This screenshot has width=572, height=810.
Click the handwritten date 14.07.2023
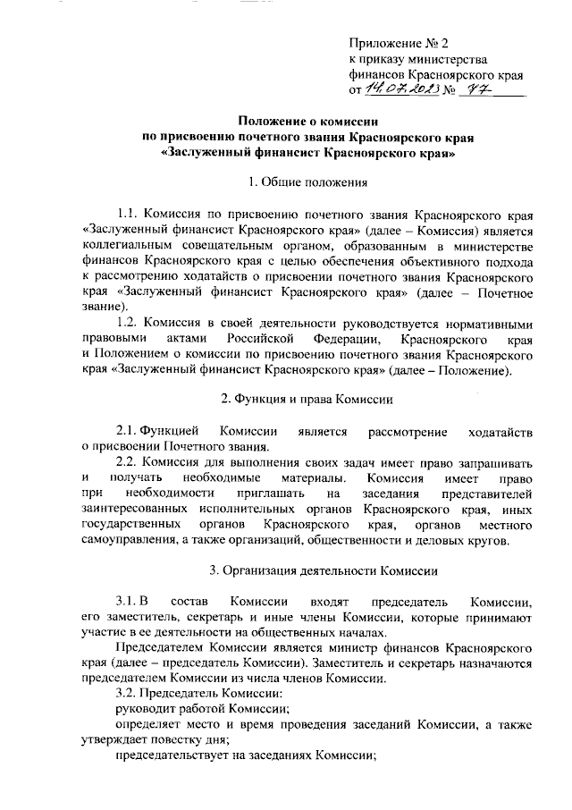click(394, 89)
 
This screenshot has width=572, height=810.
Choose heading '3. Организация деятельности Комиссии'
click(322, 570)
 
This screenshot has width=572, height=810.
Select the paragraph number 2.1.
click(130, 432)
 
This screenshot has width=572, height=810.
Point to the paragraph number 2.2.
click(130, 462)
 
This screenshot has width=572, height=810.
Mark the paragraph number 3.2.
click(130, 694)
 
